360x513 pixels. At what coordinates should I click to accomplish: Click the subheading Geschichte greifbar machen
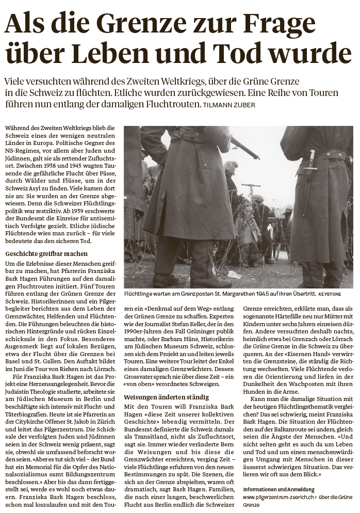pyautogui.click(x=46, y=254)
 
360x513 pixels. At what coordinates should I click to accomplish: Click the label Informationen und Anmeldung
pyautogui.click(x=279, y=489)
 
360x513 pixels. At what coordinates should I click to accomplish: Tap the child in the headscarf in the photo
pyautogui.click(x=247, y=227)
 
